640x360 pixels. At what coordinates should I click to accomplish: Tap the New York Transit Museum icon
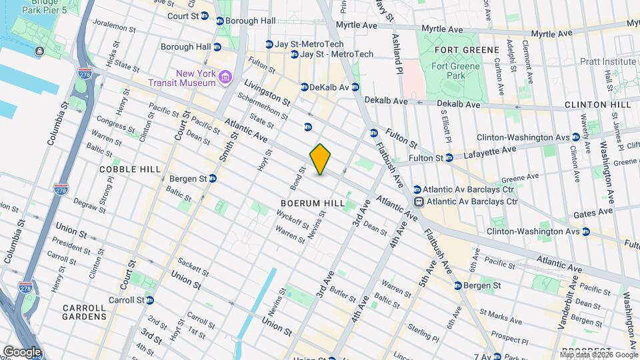[x=226, y=78]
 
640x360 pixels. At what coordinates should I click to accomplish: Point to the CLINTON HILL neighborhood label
[x=597, y=105]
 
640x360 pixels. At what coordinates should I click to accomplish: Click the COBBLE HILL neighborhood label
[x=131, y=169]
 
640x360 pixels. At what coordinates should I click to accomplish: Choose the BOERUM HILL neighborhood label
[x=312, y=203]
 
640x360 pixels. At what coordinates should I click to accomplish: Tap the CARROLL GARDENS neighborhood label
[x=84, y=313]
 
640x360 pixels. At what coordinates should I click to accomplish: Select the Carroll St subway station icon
[x=150, y=301]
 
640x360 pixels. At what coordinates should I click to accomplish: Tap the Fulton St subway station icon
[x=449, y=158]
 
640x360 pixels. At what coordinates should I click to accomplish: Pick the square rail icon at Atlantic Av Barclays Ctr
[x=419, y=201]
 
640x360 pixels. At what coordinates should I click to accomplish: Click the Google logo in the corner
[x=22, y=351]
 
